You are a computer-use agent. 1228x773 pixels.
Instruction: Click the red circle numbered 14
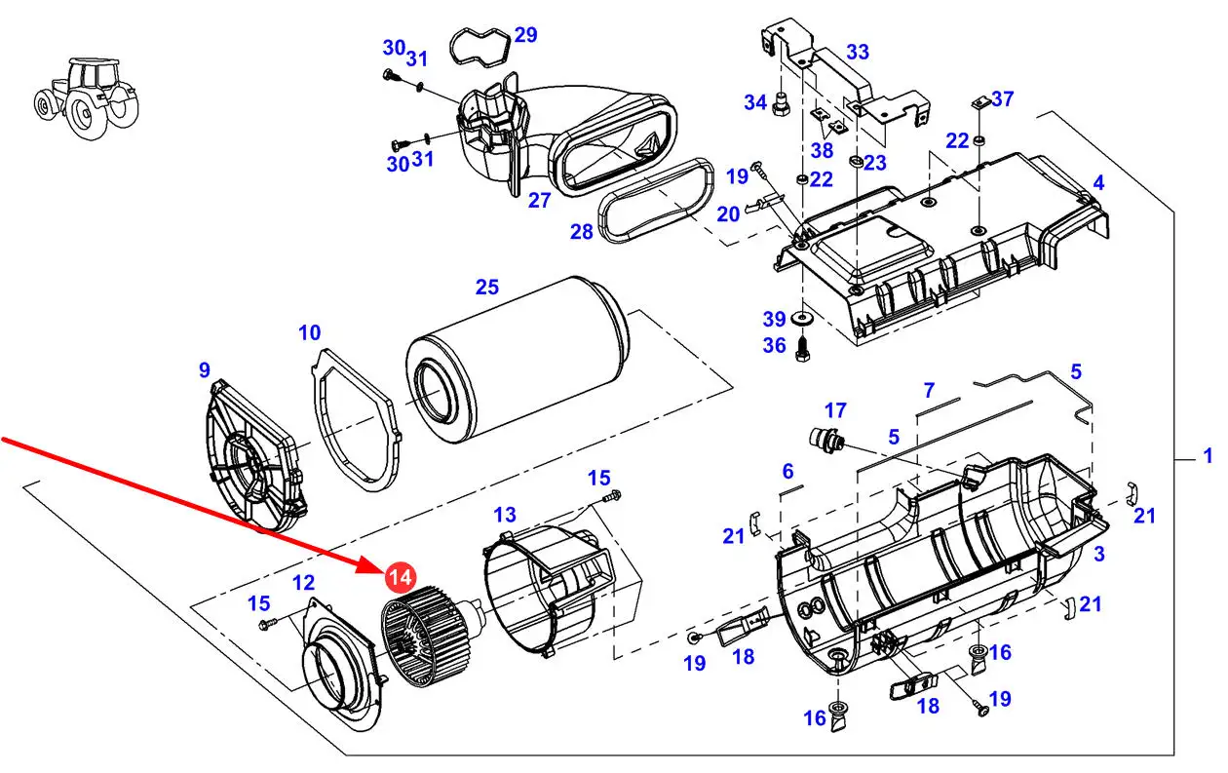tap(401, 577)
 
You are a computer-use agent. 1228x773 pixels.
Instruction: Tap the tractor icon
tap(86, 97)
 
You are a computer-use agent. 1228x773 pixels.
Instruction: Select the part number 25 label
tap(487, 288)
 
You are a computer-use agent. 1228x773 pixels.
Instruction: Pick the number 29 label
tap(525, 35)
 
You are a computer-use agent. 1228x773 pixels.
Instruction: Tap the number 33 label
tap(858, 52)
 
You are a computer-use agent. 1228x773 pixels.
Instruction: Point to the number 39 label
tap(774, 319)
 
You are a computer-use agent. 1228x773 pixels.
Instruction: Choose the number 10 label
tap(309, 332)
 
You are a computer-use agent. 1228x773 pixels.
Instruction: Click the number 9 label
tap(205, 370)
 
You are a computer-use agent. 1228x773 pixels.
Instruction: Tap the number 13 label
tap(505, 515)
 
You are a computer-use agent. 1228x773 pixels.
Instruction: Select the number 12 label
tap(304, 583)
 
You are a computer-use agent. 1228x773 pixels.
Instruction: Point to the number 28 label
tap(581, 232)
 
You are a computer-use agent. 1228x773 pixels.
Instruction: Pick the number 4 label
tap(1098, 183)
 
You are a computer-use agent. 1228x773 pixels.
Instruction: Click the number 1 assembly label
tap(1208, 455)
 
